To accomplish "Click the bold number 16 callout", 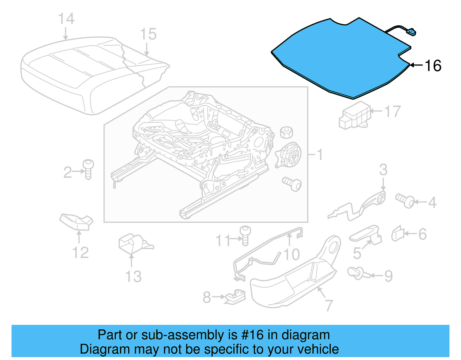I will point(433,66).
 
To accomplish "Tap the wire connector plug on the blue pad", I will point(411,32).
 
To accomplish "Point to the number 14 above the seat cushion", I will point(66,19).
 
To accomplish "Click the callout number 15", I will point(148,34).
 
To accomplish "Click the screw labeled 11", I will point(245,235).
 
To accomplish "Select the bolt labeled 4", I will point(405,201).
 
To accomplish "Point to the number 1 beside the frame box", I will point(320,155).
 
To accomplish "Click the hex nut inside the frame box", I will point(286,132).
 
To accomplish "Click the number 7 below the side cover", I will point(329,305).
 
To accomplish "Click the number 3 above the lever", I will point(383,170).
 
